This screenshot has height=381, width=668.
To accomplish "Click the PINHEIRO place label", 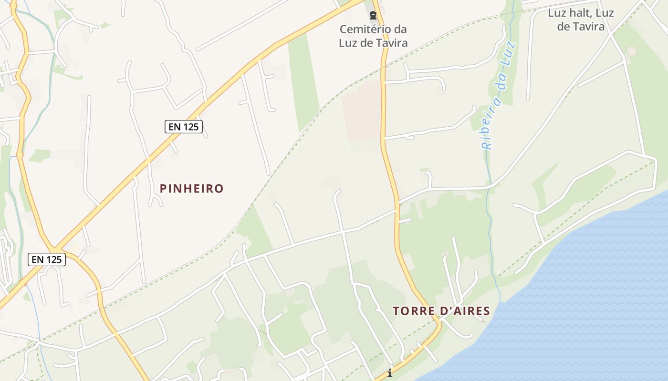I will [x=191, y=189].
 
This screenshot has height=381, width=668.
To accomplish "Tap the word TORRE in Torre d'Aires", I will [x=411, y=311].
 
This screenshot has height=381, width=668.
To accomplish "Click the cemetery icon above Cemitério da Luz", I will [x=373, y=16].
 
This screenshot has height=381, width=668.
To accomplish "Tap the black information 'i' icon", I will [x=390, y=373].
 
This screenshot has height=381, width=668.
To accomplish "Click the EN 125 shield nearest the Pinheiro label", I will [x=184, y=127].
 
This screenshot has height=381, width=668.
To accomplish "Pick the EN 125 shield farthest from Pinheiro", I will [x=46, y=260].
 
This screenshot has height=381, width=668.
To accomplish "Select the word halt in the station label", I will [x=577, y=13].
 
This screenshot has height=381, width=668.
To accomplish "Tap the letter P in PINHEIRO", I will [x=163, y=189].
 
